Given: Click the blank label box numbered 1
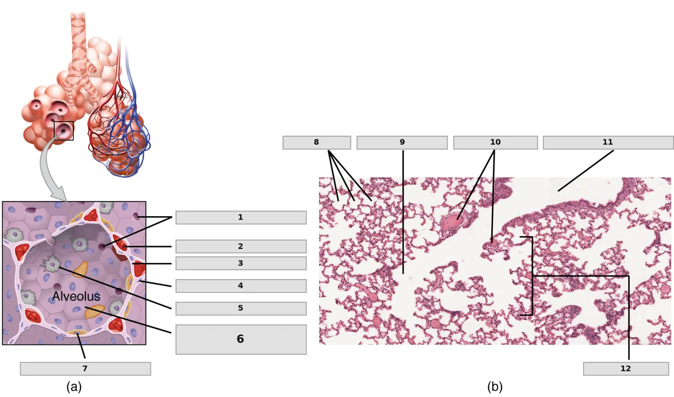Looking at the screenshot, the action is click(241, 218).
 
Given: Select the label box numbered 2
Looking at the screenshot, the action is click(241, 247).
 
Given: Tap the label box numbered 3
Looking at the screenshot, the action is click(241, 263).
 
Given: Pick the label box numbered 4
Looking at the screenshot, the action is click(241, 286).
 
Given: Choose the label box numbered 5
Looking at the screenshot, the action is click(241, 309).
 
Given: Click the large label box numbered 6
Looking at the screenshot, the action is click(241, 339).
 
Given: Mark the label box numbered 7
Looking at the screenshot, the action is click(85, 369).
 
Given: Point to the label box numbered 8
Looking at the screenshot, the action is click(316, 143).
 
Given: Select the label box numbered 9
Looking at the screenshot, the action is click(402, 143).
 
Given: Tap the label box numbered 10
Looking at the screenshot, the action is click(496, 143).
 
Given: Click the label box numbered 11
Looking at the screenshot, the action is click(608, 143).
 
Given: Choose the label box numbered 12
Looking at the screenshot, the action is click(626, 369).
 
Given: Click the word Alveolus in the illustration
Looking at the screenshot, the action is click(76, 297).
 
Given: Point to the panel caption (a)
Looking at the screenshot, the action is click(74, 387).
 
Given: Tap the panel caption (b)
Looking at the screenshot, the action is click(495, 387).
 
